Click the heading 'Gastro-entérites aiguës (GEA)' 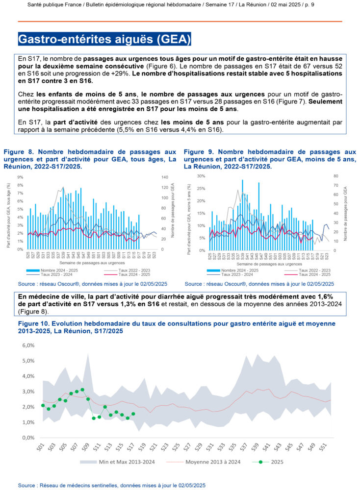pos(104,39)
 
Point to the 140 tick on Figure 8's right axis pos(165,177)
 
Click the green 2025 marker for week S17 pos(133,414)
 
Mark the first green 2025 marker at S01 pos(43,405)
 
